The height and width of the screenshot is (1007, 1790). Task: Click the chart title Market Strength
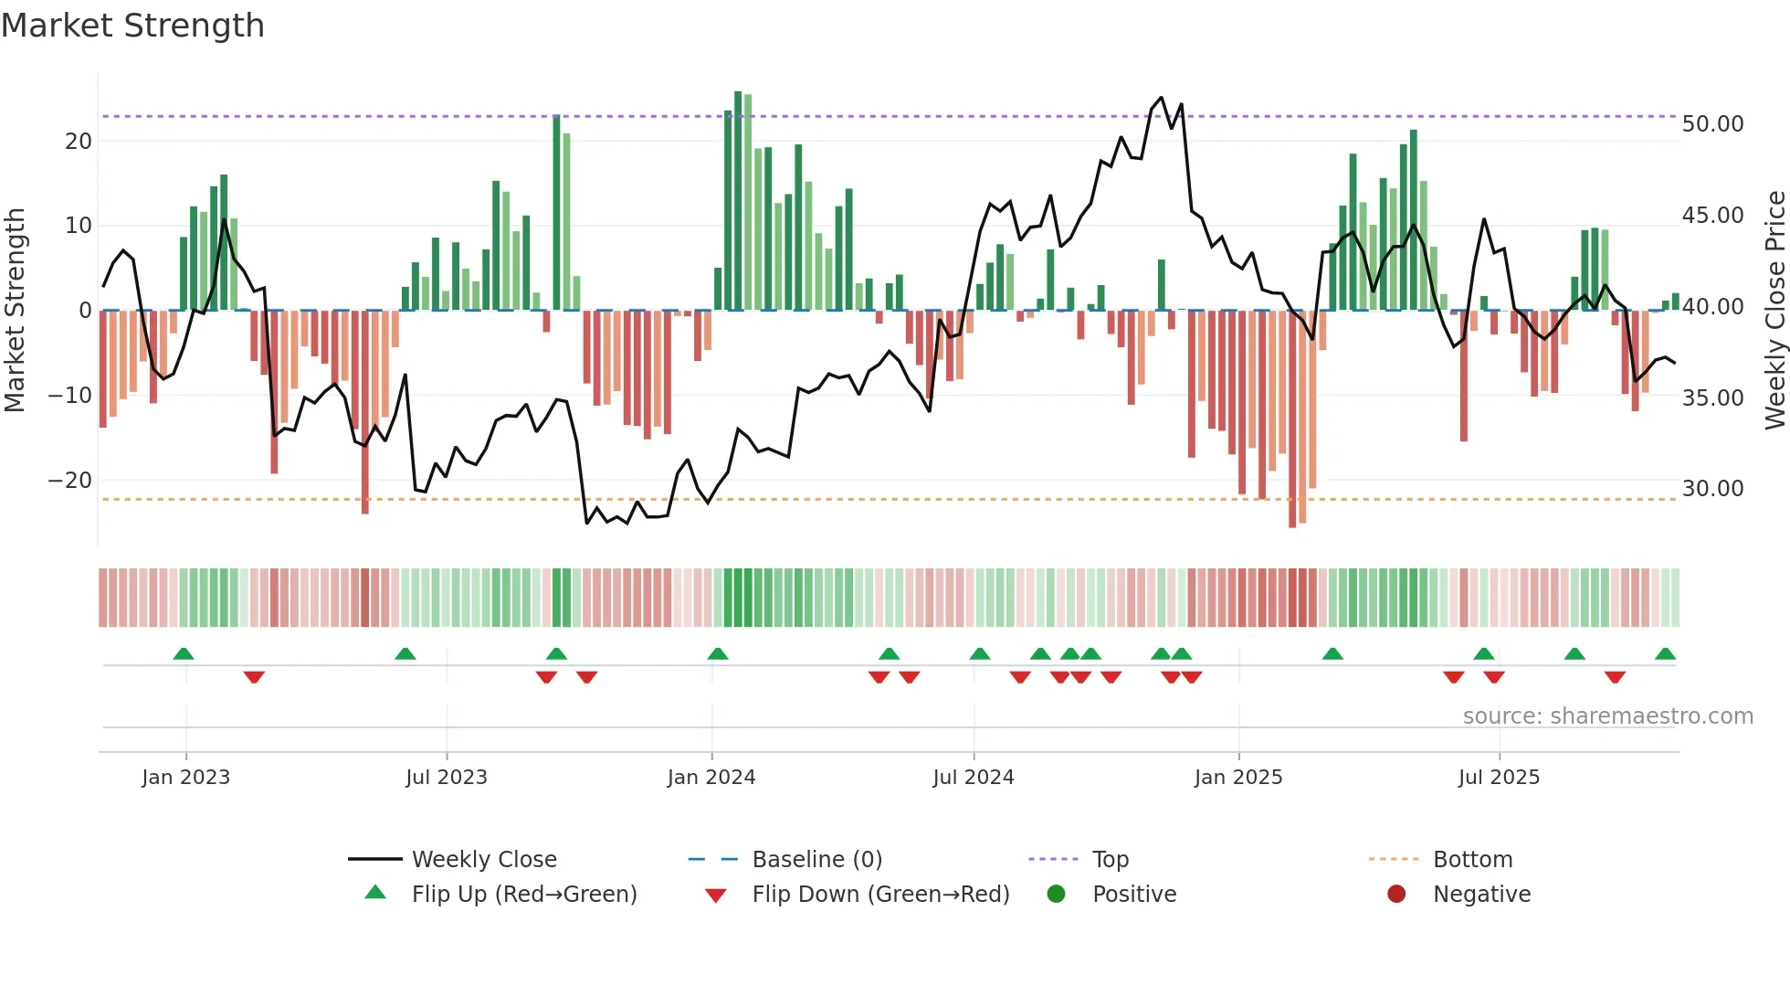[x=132, y=26]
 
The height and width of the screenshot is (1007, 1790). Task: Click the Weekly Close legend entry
[x=483, y=860]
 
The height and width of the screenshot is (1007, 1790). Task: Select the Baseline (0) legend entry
[x=816, y=860]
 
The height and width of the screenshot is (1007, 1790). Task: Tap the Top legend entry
[x=1110, y=860]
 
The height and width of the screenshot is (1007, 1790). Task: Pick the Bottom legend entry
[x=1472, y=860]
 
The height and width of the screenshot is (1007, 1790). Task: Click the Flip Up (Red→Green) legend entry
[x=523, y=895]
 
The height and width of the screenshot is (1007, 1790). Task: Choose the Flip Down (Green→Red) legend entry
[x=879, y=895]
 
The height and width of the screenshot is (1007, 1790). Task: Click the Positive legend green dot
[x=1057, y=895]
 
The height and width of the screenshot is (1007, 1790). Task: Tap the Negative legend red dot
[x=1396, y=895]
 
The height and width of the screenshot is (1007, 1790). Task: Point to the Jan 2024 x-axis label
[x=711, y=778]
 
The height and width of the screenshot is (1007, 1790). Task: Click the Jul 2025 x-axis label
[x=1499, y=778]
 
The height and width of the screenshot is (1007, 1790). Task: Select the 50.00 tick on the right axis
[x=1712, y=124]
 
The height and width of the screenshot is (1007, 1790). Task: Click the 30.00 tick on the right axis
[x=1712, y=489]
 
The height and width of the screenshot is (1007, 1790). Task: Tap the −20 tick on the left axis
[x=70, y=481]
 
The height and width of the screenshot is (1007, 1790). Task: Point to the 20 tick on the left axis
[x=79, y=142]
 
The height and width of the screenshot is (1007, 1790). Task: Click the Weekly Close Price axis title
[x=1774, y=311]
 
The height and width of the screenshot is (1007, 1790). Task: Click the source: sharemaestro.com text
[x=1607, y=716]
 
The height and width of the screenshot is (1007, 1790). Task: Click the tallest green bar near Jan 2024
[x=738, y=201]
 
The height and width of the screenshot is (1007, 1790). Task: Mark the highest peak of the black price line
[x=1162, y=98]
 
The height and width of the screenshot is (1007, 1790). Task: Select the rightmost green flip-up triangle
[x=1665, y=654]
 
